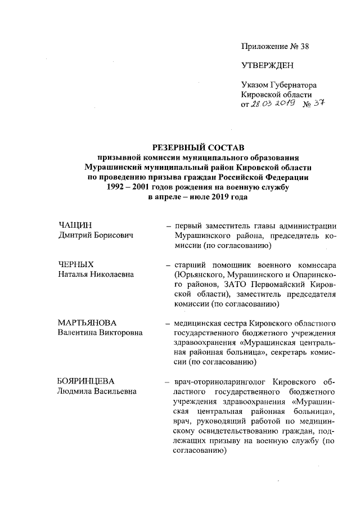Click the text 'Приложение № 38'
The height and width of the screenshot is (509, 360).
[x=275, y=46]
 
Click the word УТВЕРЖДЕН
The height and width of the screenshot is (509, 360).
[x=268, y=65]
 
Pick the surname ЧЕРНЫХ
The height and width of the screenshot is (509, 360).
[x=75, y=264]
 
